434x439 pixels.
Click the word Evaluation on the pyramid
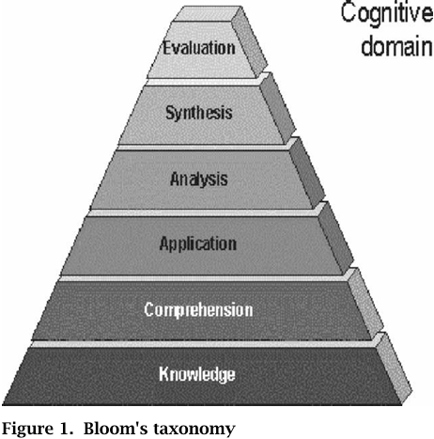pos(199,48)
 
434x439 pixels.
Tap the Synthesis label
pos(199,113)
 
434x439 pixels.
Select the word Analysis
pos(199,179)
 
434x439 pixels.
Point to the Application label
pos(198,243)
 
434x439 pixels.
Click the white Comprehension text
pos(198,309)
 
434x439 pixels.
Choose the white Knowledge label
pos(197,374)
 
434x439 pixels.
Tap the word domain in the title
pos(397,46)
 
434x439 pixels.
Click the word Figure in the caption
pos(28,429)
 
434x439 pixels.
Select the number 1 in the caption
pos(65,429)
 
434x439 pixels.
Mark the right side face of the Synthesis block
pos(278,108)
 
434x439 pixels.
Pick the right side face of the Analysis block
pos(307,173)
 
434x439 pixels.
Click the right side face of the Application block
pos(335,238)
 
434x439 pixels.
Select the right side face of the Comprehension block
pos(365,304)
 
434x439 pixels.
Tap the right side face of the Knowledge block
pos(394,368)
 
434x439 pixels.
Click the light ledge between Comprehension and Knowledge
pos(205,344)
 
